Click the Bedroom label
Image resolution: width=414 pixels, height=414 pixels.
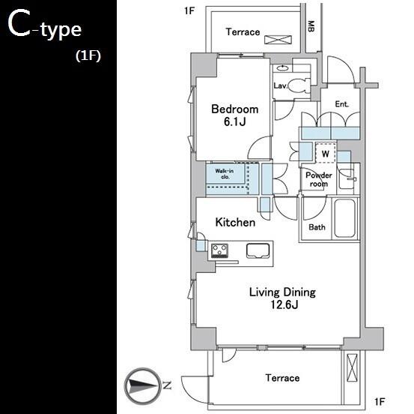click(235, 109)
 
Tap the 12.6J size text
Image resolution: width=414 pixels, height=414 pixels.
click(284, 305)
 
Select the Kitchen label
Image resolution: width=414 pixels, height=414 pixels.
click(235, 223)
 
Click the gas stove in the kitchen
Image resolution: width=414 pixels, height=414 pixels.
click(219, 250)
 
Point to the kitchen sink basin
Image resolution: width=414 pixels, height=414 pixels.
click(258, 250)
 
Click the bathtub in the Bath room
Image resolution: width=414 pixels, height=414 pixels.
click(344, 218)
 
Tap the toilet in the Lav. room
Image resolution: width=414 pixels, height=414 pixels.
click(299, 85)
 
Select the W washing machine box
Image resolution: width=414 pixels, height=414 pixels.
click(326, 153)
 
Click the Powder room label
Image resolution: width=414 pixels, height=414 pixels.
click(319, 179)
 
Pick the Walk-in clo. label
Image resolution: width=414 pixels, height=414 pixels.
click(225, 174)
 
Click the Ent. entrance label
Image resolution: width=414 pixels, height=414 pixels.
click(341, 104)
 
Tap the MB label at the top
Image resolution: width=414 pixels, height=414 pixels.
click(311, 26)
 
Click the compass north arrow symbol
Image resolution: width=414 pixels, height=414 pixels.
click(143, 385)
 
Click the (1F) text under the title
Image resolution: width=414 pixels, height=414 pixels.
click(88, 55)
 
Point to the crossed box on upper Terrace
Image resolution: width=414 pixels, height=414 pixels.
click(278, 40)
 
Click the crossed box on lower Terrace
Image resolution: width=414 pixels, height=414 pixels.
click(352, 367)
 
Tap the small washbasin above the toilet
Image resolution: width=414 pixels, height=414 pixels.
click(282, 68)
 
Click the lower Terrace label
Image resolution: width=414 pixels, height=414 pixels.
click(282, 378)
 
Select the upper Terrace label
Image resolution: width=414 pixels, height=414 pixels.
click(243, 32)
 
